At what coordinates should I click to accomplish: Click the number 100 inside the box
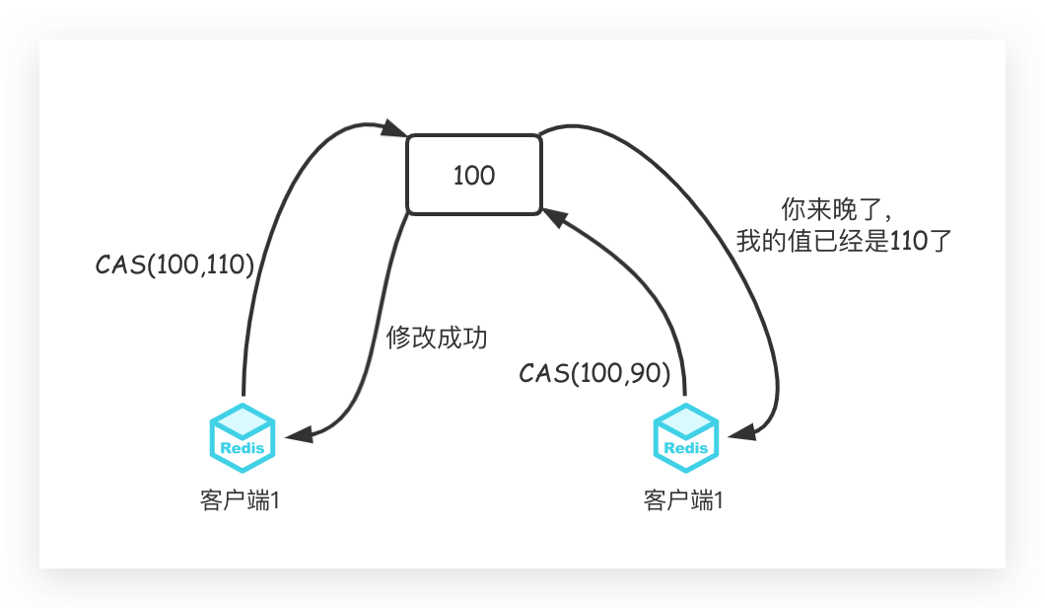click(474, 176)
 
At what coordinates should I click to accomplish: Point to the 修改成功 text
click(437, 338)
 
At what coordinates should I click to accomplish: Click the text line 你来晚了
click(836, 210)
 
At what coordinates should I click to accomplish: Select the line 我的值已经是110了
click(845, 241)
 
